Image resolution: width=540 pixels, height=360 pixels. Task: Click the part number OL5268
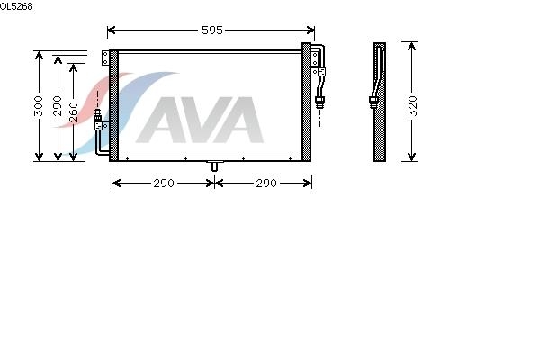(16, 6)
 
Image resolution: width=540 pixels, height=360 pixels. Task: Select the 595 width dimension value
(212, 31)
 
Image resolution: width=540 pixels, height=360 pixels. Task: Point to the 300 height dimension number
(39, 106)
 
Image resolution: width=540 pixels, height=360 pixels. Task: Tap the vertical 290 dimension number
(58, 106)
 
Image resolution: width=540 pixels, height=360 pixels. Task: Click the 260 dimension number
(74, 112)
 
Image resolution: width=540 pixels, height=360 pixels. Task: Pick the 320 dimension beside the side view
(412, 106)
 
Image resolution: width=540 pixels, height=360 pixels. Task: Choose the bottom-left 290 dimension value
(164, 184)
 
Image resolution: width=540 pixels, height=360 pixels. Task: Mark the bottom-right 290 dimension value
(266, 184)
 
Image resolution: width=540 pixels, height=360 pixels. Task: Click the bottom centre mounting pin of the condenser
(214, 166)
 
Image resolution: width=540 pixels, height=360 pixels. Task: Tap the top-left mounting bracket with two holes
(105, 58)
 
